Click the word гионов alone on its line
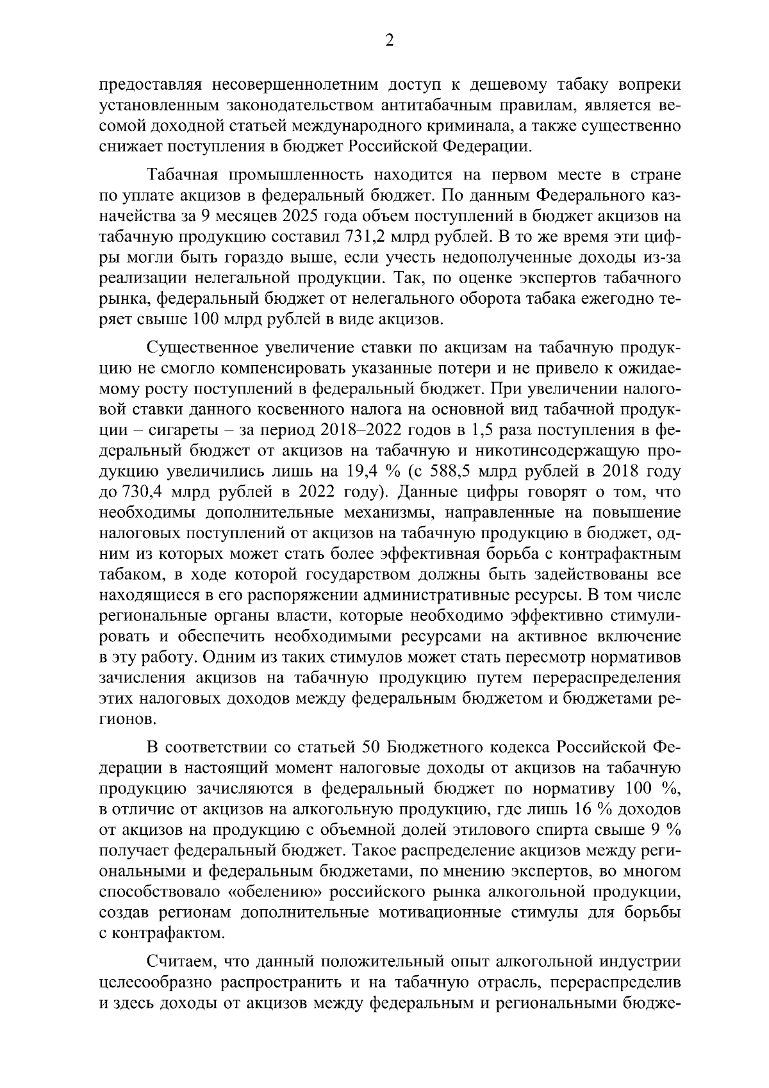(127, 719)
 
